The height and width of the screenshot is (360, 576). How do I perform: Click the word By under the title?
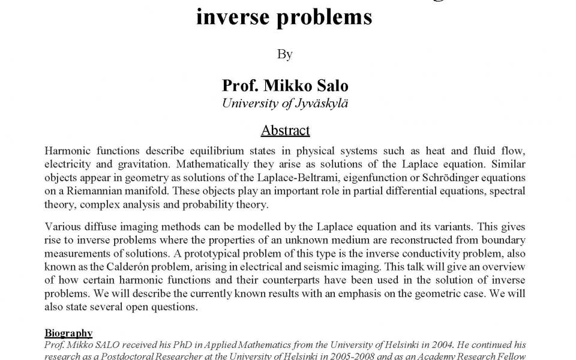coord(285,55)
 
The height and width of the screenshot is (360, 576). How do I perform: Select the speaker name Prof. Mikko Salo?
coord(285,86)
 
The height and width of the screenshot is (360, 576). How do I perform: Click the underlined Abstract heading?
coord(285,130)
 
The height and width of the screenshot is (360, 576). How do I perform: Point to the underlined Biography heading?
coord(68,333)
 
